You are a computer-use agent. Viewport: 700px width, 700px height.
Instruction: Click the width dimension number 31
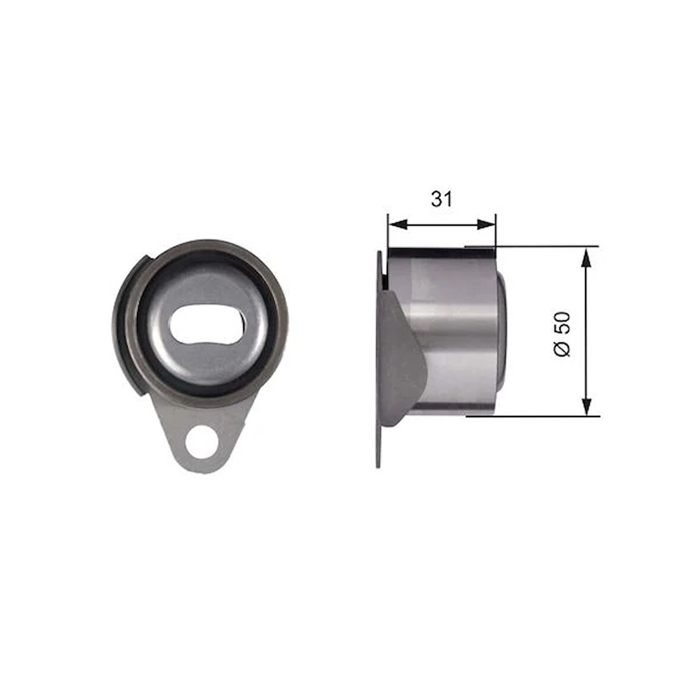(x=441, y=199)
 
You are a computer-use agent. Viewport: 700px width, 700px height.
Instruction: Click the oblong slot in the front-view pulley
(x=205, y=326)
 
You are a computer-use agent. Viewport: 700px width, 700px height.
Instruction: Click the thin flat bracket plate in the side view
(x=378, y=439)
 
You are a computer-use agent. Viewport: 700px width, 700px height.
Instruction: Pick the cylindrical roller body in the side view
(x=457, y=332)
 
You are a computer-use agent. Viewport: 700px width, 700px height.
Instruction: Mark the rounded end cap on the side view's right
(x=501, y=332)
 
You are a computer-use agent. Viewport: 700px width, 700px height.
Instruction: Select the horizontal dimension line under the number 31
(x=441, y=224)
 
